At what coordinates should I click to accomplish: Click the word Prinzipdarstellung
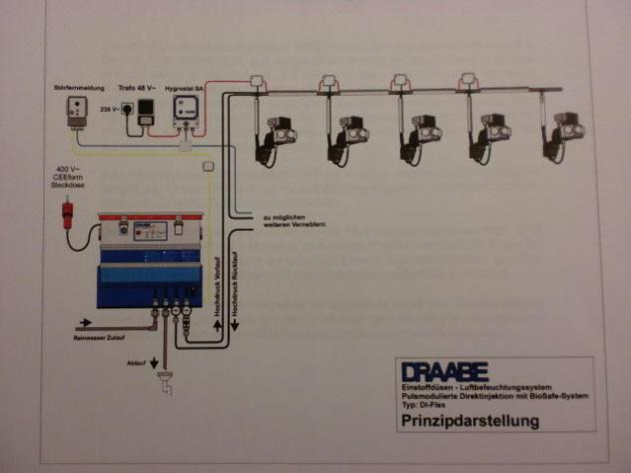(x=469, y=421)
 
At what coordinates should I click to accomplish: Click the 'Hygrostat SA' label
(x=186, y=87)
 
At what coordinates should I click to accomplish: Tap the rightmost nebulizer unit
(x=556, y=128)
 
